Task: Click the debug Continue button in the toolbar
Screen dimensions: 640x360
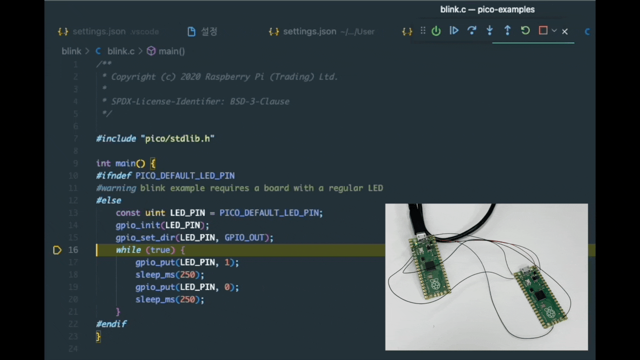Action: point(454,31)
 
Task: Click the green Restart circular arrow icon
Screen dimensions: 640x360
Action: point(525,31)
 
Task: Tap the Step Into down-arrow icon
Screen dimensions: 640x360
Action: point(489,31)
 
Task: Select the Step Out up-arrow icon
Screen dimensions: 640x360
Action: point(507,31)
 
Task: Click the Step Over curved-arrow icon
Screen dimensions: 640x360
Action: point(471,31)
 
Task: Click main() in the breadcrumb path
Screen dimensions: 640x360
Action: point(171,51)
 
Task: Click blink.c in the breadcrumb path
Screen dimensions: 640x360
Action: point(120,51)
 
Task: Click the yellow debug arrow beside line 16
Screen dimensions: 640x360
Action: point(57,250)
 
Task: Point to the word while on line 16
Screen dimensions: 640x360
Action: point(128,250)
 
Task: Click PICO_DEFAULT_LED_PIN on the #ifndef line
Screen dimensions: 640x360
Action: point(184,175)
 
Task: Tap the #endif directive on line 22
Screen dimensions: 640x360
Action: point(111,324)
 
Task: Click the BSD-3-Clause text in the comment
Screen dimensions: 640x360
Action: point(259,101)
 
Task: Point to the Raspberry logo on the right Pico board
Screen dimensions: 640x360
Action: point(550,313)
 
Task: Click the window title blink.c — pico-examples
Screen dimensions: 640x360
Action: point(487,9)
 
